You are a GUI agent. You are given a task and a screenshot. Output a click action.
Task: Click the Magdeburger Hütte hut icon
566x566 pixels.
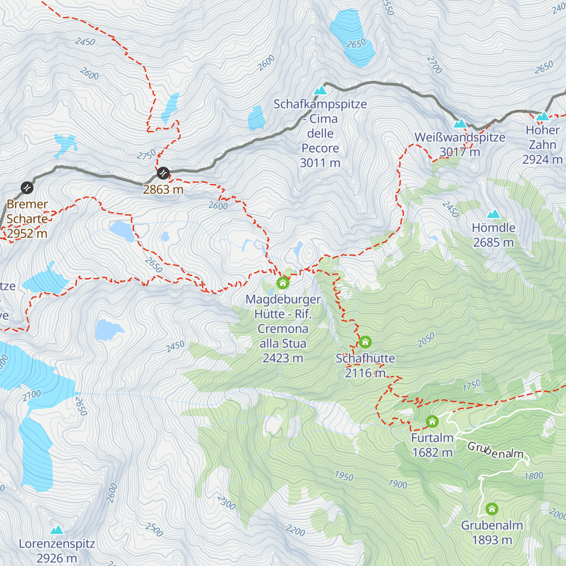pyautogui.click(x=283, y=283)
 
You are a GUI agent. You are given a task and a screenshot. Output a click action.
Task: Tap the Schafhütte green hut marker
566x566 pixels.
pyautogui.click(x=365, y=342)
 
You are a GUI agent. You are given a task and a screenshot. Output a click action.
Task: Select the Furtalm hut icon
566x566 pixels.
pyautogui.click(x=432, y=422)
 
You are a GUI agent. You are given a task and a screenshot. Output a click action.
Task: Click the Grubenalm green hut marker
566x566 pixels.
pyautogui.click(x=492, y=509)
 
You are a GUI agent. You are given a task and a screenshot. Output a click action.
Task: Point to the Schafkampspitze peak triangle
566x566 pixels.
pyautogui.click(x=320, y=90)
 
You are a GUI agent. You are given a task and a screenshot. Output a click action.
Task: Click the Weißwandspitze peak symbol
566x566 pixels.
pyautogui.click(x=460, y=124)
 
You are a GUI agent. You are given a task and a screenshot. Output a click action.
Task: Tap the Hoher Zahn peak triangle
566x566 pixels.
pyautogui.click(x=543, y=116)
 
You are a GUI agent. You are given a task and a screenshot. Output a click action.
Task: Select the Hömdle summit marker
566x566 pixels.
pyautogui.click(x=494, y=214)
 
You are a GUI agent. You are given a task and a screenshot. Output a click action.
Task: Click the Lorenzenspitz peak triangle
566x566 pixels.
pyautogui.click(x=57, y=530)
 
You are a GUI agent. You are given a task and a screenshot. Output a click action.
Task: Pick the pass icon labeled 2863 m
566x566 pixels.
pyautogui.click(x=163, y=173)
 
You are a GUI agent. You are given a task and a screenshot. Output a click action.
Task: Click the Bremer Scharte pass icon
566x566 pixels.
pyautogui.click(x=27, y=188)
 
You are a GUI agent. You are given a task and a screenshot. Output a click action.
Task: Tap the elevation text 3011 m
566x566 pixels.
pyautogui.click(x=320, y=163)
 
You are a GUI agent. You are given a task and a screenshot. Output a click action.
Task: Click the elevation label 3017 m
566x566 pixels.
pyautogui.click(x=460, y=152)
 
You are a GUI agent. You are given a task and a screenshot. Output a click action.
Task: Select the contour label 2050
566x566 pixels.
pyautogui.click(x=426, y=340)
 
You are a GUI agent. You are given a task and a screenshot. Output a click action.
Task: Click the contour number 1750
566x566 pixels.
pyautogui.click(x=472, y=385)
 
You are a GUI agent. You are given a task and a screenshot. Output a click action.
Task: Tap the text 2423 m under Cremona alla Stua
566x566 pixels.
pyautogui.click(x=283, y=358)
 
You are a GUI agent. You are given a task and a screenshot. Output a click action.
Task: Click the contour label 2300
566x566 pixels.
pyautogui.click(x=226, y=503)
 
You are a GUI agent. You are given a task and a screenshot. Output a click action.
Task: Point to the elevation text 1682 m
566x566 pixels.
pyautogui.click(x=432, y=453)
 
